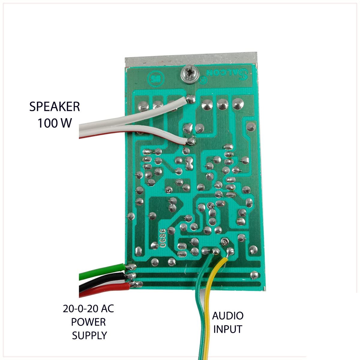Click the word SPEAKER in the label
click(55, 107)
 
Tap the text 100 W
click(55, 123)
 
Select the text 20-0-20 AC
click(88, 309)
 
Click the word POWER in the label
click(88, 322)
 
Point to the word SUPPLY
click(89, 335)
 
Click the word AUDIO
click(228, 316)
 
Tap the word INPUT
click(227, 329)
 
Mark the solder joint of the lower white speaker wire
click(190, 140)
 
